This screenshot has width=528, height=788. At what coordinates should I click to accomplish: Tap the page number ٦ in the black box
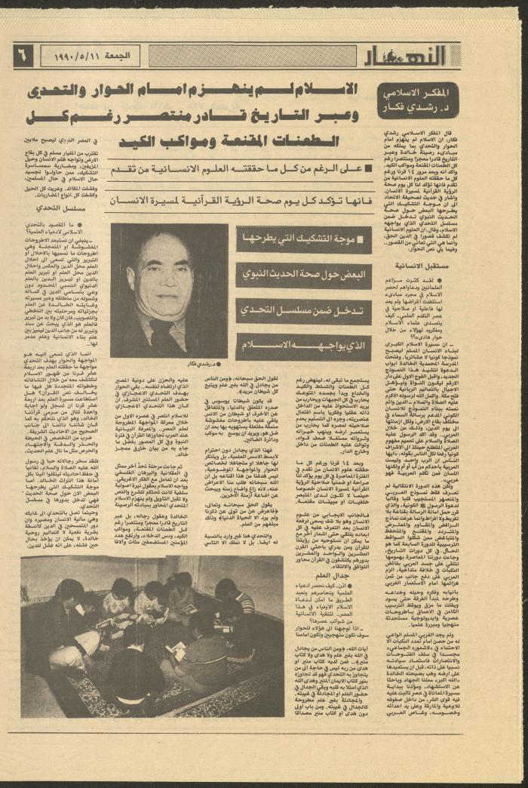tap(23, 55)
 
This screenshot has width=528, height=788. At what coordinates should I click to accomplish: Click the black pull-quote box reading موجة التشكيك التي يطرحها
tap(303, 240)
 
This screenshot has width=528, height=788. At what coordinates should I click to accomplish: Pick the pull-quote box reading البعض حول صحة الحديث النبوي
tap(303, 275)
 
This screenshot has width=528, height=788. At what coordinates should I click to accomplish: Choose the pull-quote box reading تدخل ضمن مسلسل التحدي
tap(303, 312)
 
